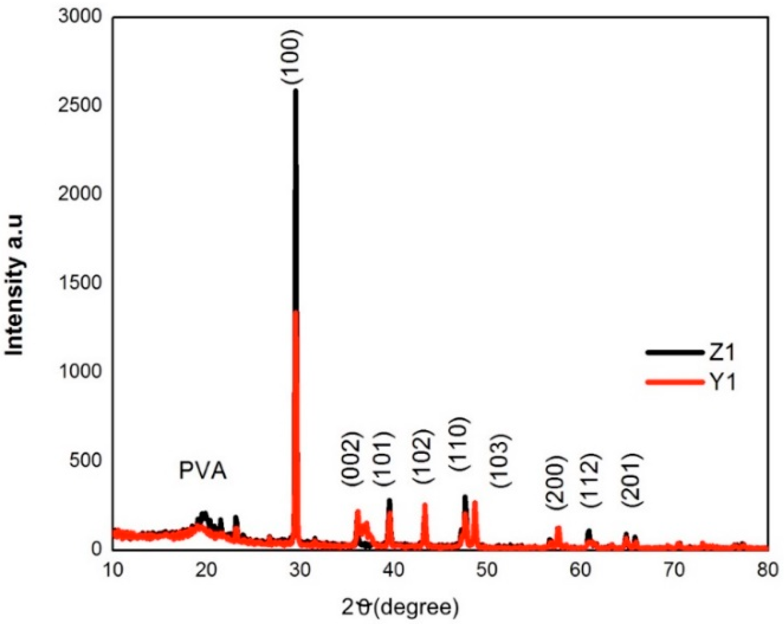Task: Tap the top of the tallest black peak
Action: [x=296, y=91]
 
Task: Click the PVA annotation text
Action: [x=202, y=472]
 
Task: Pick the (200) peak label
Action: [x=556, y=483]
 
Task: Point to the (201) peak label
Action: [x=632, y=480]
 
